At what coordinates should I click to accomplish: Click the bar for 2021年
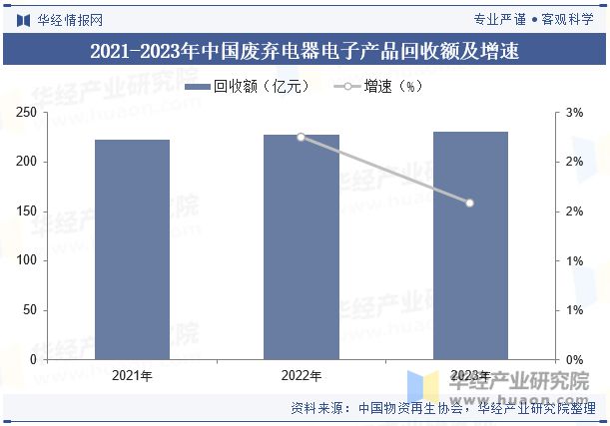[x=133, y=249]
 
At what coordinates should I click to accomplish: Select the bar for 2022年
[x=301, y=246]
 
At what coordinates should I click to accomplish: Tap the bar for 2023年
[x=470, y=245]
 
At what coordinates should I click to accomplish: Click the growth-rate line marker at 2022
[x=301, y=137]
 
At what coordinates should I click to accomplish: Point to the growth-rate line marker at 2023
[x=470, y=203]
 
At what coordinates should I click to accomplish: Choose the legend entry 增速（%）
[x=384, y=88]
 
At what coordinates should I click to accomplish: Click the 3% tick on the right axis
[x=574, y=113]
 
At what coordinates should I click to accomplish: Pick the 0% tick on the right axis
[x=574, y=359]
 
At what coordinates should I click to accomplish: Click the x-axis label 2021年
[x=133, y=376]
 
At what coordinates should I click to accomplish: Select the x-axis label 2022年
[x=301, y=376]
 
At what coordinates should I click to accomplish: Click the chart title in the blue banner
[x=305, y=50]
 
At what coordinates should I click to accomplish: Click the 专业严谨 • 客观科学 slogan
[x=532, y=19]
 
